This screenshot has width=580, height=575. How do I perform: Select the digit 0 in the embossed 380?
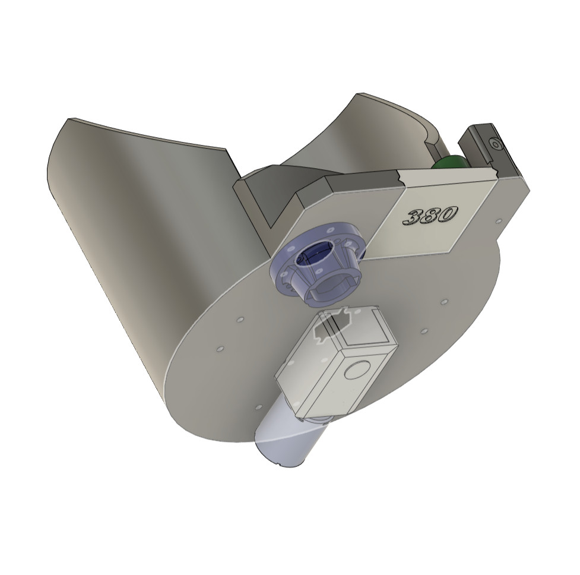448,213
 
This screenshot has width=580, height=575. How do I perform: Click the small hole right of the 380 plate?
497,222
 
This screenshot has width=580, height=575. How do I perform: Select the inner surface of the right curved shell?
368,143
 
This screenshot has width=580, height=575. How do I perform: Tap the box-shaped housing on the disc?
335,368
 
